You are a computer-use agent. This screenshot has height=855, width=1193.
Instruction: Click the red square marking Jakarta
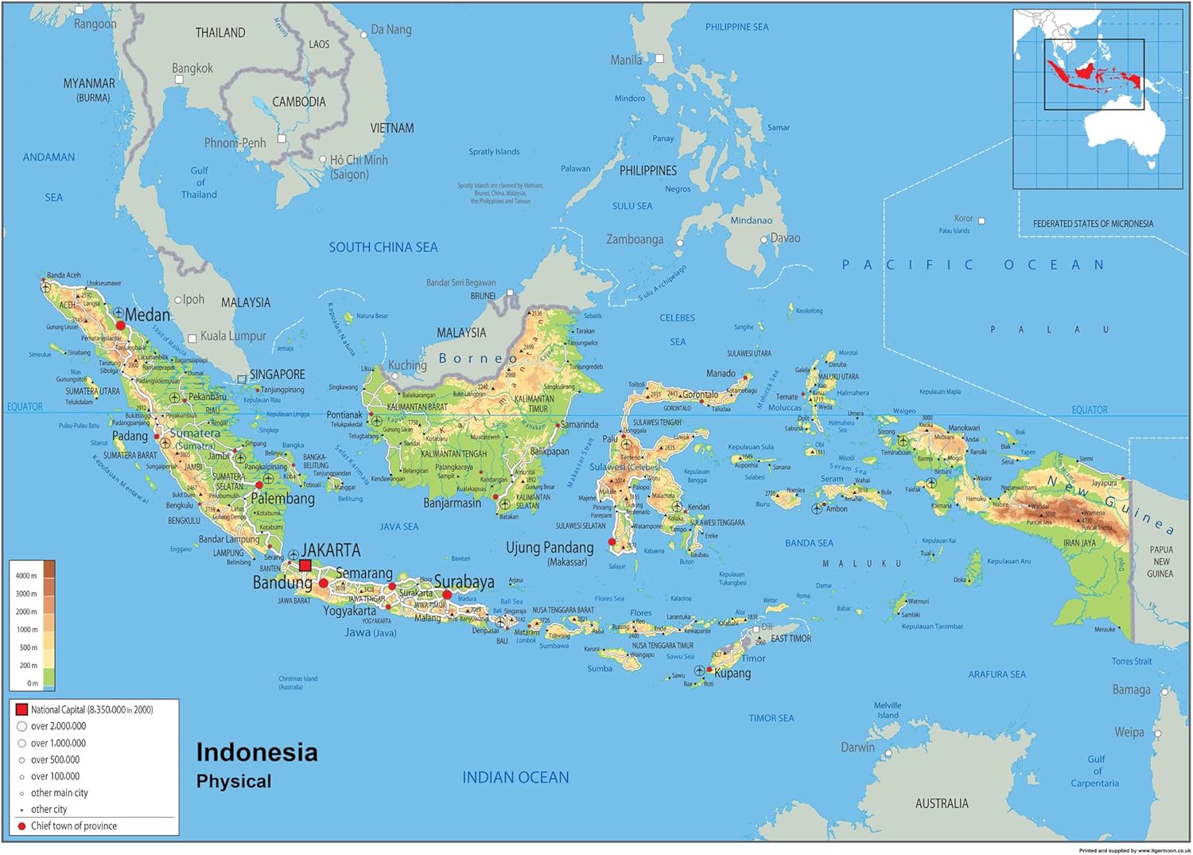click(x=305, y=565)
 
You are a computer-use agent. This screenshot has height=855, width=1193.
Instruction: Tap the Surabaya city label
click(x=464, y=581)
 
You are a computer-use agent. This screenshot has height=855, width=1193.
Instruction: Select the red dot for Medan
click(x=121, y=325)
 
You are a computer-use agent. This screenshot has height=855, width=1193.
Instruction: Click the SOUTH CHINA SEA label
click(x=383, y=247)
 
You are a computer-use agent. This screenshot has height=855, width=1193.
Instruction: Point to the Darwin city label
click(x=857, y=747)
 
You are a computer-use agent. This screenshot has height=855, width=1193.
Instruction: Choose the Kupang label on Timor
click(x=732, y=673)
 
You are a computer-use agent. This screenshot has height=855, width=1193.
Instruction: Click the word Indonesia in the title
click(x=256, y=752)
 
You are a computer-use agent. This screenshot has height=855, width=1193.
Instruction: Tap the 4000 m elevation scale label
click(x=26, y=576)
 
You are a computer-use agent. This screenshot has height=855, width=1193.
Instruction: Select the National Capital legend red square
click(x=21, y=709)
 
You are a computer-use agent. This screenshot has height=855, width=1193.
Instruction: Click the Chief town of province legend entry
click(x=73, y=826)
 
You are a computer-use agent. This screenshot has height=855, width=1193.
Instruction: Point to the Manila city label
click(x=626, y=60)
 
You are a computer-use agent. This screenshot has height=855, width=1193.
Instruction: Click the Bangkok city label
click(x=192, y=68)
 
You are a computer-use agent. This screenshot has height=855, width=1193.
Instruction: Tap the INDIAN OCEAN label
click(x=515, y=778)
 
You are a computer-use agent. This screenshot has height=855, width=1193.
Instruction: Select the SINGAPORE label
click(x=277, y=374)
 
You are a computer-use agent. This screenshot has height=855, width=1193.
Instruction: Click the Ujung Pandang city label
click(x=550, y=547)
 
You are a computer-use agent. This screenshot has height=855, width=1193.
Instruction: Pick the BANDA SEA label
click(x=809, y=543)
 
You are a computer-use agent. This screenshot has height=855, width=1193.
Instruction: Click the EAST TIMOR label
click(x=791, y=638)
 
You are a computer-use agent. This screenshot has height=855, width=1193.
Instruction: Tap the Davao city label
click(x=785, y=238)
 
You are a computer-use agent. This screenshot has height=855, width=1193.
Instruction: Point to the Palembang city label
click(x=282, y=499)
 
